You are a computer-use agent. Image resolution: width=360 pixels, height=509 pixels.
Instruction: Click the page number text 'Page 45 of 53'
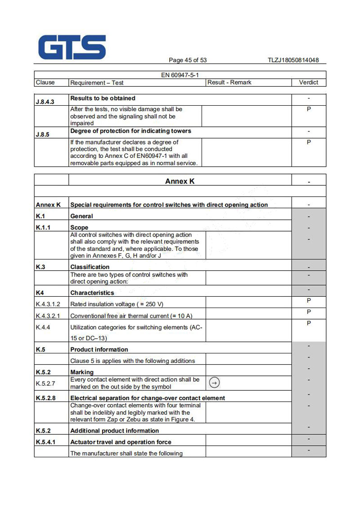point(188,60)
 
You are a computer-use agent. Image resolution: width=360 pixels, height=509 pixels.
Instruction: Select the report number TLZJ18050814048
point(293,60)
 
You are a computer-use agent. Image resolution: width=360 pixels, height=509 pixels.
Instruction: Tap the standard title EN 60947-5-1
point(180,75)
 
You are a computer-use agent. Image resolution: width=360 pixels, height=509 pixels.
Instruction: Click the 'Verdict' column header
point(308,82)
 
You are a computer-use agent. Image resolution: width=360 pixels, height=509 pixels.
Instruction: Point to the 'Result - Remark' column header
point(229,82)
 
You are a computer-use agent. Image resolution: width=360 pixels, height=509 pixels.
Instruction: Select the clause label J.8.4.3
point(45,102)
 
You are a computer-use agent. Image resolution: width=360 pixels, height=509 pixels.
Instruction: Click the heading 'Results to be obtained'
point(103,98)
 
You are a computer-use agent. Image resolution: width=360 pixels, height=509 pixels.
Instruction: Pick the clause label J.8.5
point(42,134)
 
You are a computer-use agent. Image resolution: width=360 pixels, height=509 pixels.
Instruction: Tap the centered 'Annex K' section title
point(180,181)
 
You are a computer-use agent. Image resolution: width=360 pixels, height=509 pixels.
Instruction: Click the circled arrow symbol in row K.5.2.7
point(215,383)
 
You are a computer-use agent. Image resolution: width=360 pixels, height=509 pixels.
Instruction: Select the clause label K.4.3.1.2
point(48,304)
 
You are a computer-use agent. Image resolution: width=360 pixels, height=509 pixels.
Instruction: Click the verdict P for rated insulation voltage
point(309,301)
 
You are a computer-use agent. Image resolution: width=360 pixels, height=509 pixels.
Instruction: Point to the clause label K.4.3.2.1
point(48,316)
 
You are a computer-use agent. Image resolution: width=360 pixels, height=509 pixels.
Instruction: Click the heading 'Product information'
point(99,349)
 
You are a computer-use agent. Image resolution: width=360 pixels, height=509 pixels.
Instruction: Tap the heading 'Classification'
point(90,267)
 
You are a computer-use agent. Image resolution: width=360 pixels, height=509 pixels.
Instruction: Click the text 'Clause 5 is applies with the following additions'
point(133,361)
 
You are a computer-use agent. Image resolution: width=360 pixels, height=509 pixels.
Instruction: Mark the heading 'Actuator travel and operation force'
point(121,442)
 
